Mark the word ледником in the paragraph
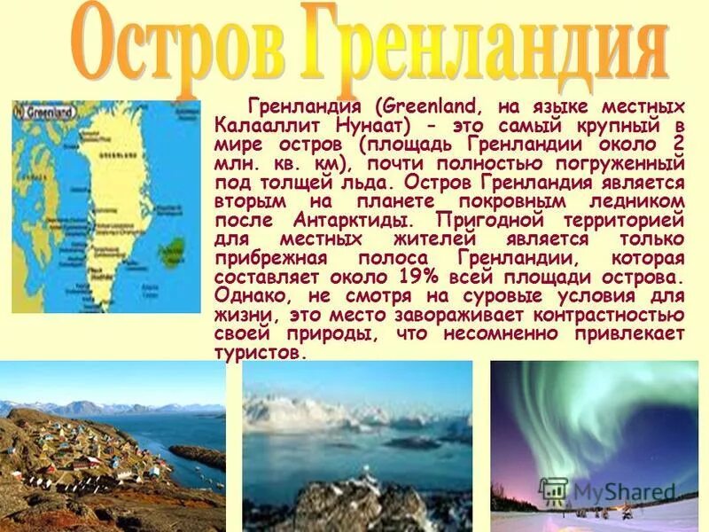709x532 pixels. coord(635,199)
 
